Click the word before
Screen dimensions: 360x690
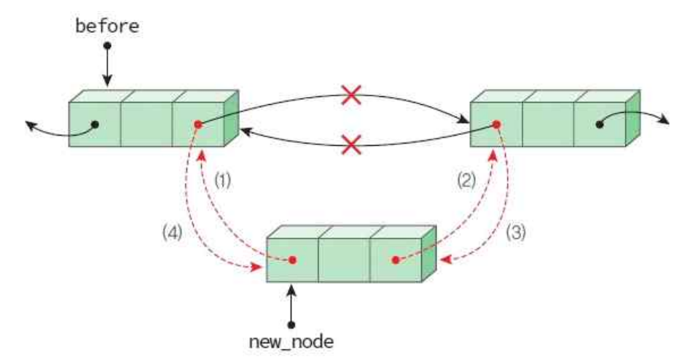[108, 27]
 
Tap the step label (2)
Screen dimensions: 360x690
[465, 179]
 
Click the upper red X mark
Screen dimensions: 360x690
[351, 95]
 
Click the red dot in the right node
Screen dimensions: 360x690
[496, 125]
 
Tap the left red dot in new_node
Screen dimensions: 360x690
[292, 259]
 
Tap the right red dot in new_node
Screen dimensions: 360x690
[396, 259]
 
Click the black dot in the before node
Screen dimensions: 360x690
[95, 125]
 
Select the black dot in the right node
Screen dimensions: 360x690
[599, 125]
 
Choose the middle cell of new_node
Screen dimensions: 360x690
[344, 259]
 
